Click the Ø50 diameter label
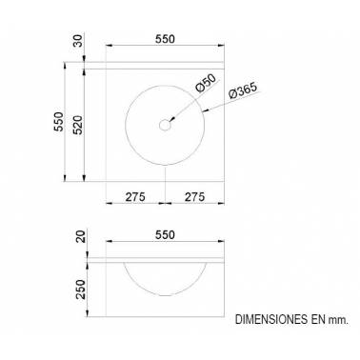tap(206, 83)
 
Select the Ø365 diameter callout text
tap(243, 90)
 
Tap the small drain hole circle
tap(165, 125)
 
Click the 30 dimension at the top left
tap(78, 41)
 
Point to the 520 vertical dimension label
tap(78, 125)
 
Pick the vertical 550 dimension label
tap(59, 122)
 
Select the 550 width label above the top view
tap(165, 39)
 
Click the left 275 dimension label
tap(135, 197)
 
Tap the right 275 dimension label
tap(194, 197)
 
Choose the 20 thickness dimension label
tap(82, 237)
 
